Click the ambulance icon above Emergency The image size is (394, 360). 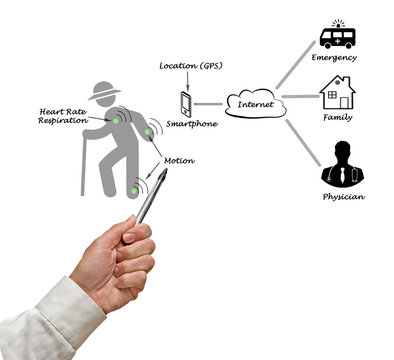(x=338, y=36)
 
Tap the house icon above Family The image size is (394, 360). (x=337, y=92)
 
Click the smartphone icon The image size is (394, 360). (x=185, y=103)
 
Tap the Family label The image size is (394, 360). (x=337, y=117)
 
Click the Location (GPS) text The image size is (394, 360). (x=189, y=66)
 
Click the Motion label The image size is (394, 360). (x=178, y=160)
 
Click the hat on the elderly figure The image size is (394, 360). (x=105, y=90)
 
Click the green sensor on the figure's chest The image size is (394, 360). (x=117, y=120)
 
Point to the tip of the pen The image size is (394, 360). (x=163, y=173)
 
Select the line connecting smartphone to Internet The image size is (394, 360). (x=209, y=103)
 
